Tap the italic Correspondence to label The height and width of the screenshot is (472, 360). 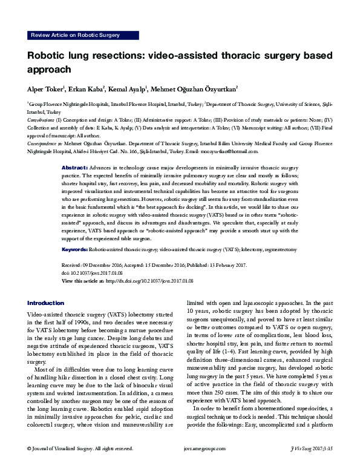pos(47,145)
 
